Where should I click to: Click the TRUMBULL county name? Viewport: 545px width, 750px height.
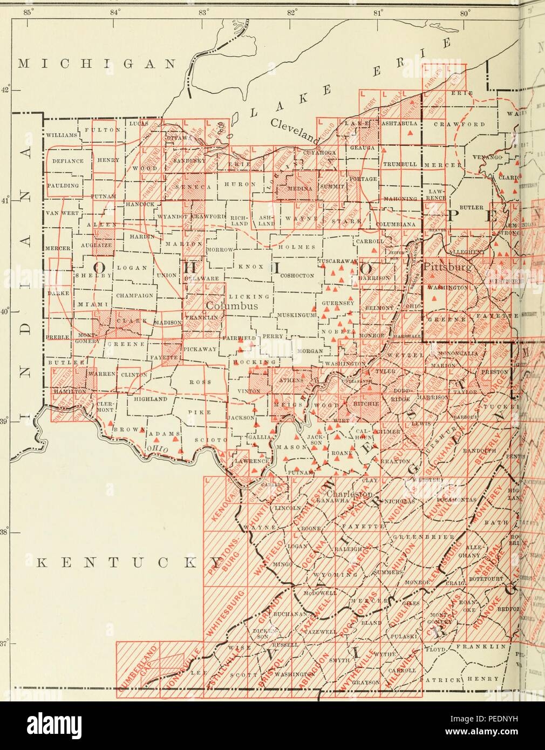tap(398, 164)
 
